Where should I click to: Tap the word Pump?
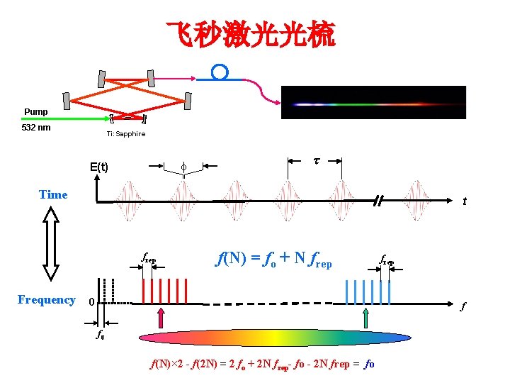[36, 112]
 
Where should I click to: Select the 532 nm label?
[37, 128]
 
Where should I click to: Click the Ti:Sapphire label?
[126, 134]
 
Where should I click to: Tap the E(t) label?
[99, 167]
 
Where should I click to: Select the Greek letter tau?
[316, 160]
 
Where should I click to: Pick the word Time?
[53, 194]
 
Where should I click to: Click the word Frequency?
[47, 299]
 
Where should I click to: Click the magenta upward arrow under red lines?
[161, 317]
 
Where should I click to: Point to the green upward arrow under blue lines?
[365, 317]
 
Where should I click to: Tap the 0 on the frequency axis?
[91, 302]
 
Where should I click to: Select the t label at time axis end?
[464, 201]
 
